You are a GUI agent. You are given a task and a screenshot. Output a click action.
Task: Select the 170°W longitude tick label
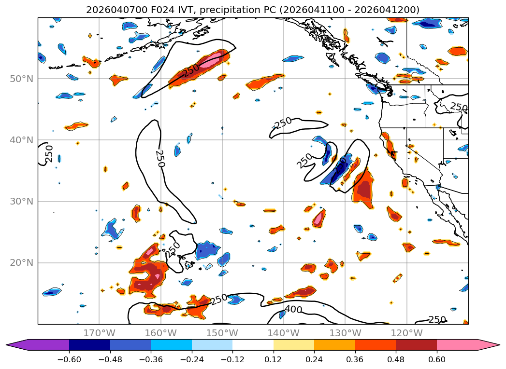coord(99,333)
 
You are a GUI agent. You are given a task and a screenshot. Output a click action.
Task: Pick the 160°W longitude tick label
coord(160,333)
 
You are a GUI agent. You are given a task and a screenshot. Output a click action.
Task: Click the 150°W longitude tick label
coord(222,333)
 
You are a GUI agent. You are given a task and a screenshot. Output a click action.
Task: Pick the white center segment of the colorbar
coord(253,345)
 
